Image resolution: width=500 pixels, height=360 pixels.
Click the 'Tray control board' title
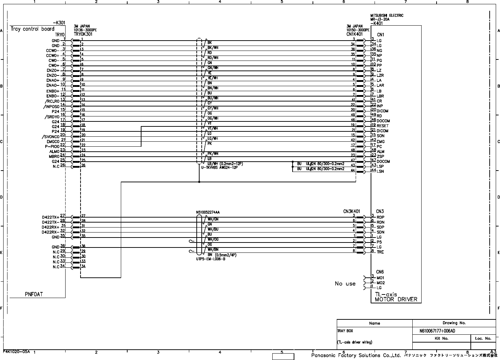pos(32,29)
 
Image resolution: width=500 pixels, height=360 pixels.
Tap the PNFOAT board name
pos(34,294)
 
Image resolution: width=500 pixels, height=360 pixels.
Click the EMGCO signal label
pos(53,142)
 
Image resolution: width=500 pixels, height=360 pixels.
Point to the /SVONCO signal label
pos(50,137)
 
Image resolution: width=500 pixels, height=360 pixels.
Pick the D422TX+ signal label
pos(50,216)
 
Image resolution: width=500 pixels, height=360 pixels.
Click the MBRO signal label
pos(53,156)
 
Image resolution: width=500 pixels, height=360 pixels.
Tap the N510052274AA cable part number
pos(208,212)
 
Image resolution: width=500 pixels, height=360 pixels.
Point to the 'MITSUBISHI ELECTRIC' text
pos(387,16)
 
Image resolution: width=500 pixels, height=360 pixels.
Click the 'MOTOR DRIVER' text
pos(396,299)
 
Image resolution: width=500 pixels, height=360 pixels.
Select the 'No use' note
pos(345,284)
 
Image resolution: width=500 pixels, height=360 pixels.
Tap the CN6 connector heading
pos(380,272)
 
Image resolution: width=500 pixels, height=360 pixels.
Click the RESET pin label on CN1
pos(383,126)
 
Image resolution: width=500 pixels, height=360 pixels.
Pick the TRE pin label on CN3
pos(380,252)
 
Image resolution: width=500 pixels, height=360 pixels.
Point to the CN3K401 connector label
pos(351,212)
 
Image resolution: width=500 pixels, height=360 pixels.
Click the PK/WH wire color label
pos(213,153)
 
